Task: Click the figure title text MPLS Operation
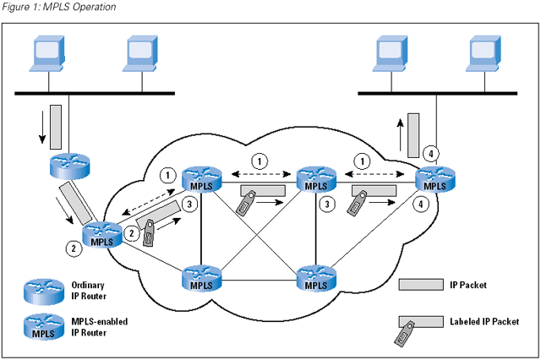pyautogui.click(x=80, y=7)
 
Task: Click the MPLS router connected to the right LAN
pyautogui.click(x=433, y=178)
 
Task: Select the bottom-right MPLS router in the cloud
pyautogui.click(x=314, y=278)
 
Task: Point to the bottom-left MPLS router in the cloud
pyautogui.click(x=201, y=278)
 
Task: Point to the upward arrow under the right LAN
pyautogui.click(x=402, y=129)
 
